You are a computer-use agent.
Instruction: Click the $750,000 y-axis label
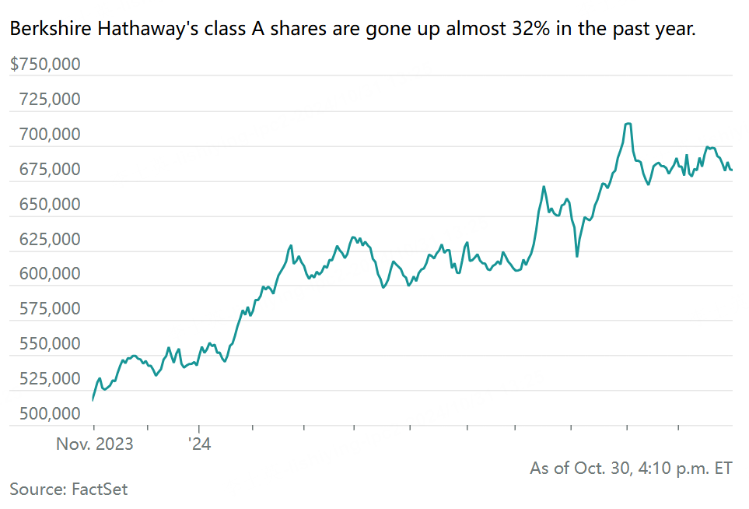coord(45,65)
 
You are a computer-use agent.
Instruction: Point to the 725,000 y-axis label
coord(48,100)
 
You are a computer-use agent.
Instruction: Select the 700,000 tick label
coord(48,135)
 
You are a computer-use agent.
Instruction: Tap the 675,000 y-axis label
coord(48,170)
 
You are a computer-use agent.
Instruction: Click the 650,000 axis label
coord(48,205)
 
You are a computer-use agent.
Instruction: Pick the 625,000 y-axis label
coord(48,239)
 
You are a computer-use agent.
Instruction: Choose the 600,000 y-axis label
coord(48,274)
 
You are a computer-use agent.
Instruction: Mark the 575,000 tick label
coord(48,309)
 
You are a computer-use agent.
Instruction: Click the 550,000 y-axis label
coord(48,344)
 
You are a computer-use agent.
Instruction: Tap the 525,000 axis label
coord(48,379)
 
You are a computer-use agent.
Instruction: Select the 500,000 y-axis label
coord(48,414)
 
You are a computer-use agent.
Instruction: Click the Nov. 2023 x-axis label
coord(94,444)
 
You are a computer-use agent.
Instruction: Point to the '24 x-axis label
coord(199,444)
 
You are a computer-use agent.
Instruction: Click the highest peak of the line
coord(628,124)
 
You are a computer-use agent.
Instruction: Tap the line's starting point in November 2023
coord(93,399)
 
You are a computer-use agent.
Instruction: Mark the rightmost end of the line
coord(732,170)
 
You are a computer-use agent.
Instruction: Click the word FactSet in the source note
coord(100,490)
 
